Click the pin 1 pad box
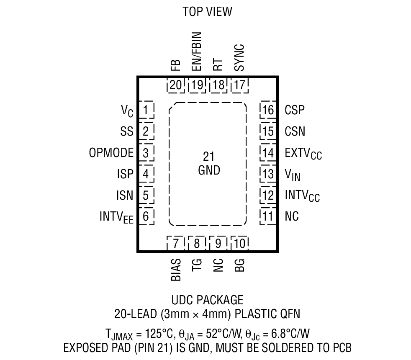pyautogui.click(x=145, y=110)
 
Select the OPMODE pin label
pyautogui.click(x=111, y=153)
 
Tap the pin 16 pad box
pyautogui.click(x=268, y=110)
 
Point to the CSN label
pyautogui.click(x=295, y=131)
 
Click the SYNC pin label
pyautogui.click(x=239, y=57)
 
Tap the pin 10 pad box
pyautogui.click(x=239, y=243)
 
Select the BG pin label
pyautogui.click(x=239, y=265)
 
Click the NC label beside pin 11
pyautogui.click(x=292, y=216)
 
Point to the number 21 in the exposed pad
pyautogui.click(x=208, y=157)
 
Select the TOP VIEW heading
pyautogui.click(x=207, y=11)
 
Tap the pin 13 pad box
pyautogui.click(x=268, y=174)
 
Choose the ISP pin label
pyautogui.click(x=125, y=174)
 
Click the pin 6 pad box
pyautogui.click(x=145, y=216)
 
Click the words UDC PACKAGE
pyautogui.click(x=207, y=300)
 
